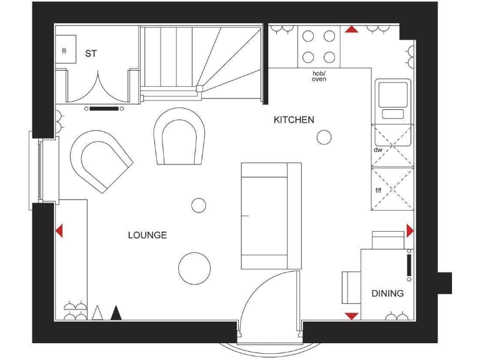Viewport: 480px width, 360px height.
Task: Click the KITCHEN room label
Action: click(294, 119)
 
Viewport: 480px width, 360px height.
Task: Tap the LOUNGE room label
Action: click(147, 235)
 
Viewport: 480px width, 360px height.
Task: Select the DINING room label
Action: click(387, 293)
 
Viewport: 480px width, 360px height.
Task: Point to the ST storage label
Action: click(91, 54)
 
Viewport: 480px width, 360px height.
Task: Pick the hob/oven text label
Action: click(319, 76)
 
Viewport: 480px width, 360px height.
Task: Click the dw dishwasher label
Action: click(377, 151)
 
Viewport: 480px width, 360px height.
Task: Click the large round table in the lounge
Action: click(194, 268)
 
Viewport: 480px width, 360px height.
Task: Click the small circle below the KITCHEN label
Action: click(324, 137)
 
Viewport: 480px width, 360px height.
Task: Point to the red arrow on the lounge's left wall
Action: click(59, 231)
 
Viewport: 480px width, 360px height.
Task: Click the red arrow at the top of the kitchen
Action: click(352, 29)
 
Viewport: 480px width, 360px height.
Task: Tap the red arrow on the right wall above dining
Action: click(409, 231)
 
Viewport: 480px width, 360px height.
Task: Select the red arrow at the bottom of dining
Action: click(351, 316)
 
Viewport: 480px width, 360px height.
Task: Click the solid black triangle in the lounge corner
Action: click(116, 313)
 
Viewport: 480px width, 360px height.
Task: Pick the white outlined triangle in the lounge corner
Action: click(97, 313)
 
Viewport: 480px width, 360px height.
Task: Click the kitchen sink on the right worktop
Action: click(392, 99)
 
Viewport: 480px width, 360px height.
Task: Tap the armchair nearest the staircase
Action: click(180, 136)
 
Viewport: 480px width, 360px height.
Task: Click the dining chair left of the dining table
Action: click(349, 287)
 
